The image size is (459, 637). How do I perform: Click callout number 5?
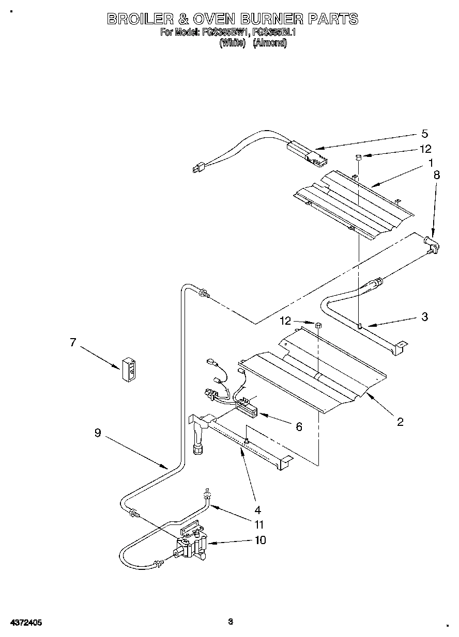pos(424,134)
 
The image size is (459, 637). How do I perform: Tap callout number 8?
pos(437,175)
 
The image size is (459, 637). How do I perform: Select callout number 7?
pos(73,342)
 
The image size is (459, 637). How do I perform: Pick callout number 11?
pos(259,524)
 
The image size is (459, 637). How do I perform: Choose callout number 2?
pos(400,422)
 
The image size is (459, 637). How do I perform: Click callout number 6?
pos(299,426)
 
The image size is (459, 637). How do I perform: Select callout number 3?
pos(425,317)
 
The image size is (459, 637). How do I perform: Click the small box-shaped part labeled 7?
pos(130,370)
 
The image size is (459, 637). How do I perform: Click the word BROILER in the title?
pos(139,20)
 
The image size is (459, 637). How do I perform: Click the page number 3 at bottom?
pos(231,622)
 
